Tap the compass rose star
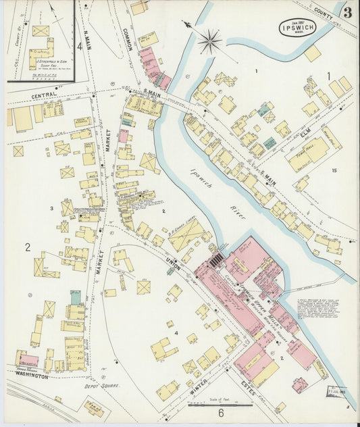click(210, 41)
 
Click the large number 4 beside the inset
click(80, 47)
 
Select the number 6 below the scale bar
click(220, 413)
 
